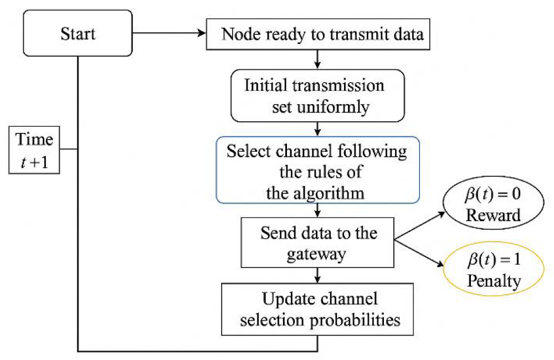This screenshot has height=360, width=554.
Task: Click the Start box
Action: tap(78, 33)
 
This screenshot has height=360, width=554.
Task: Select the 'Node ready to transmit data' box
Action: tap(318, 34)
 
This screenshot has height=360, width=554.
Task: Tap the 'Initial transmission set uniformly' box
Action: tap(317, 96)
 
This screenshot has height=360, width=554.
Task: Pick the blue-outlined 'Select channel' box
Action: tap(318, 170)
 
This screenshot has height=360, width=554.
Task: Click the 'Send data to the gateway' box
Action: tap(317, 243)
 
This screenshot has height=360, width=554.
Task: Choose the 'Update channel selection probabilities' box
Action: tap(317, 309)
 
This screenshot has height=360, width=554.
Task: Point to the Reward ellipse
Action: tap(493, 203)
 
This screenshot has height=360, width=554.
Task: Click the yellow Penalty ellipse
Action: tap(494, 269)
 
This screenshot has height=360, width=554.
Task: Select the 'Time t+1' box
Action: tap(34, 150)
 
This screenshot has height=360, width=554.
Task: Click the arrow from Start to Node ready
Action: tap(169, 33)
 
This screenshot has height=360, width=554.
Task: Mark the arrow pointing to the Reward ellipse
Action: tap(419, 226)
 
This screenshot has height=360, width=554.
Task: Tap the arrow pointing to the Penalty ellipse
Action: tap(419, 253)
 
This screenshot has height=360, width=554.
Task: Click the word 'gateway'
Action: tap(316, 254)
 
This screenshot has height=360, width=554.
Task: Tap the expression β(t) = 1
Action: tap(494, 260)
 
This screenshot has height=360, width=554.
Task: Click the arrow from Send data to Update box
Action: tap(317, 275)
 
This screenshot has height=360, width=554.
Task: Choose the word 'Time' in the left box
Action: tap(34, 139)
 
